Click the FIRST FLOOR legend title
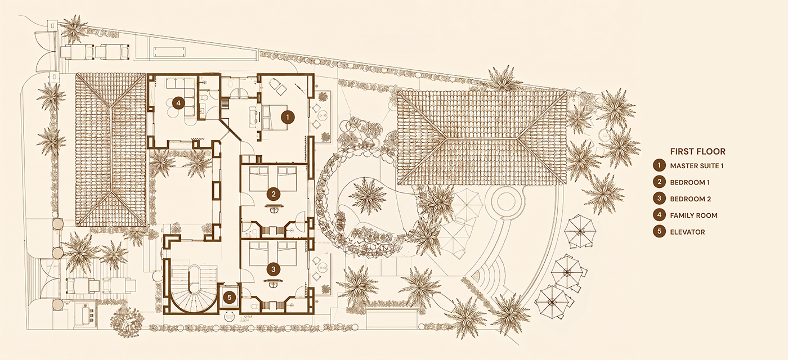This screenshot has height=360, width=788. point(697,151)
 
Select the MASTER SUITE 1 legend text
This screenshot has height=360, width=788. point(697,166)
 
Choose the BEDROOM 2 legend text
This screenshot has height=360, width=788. point(691,199)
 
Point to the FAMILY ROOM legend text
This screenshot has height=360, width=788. point(693,215)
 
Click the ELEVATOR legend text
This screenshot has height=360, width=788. point(687,232)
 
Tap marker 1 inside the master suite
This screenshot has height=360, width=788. point(288,117)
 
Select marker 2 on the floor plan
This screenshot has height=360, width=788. point(274,193)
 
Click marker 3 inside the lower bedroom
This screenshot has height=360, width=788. point(274,269)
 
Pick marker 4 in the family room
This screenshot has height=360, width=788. point(179,103)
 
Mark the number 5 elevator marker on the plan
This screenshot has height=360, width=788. point(230,298)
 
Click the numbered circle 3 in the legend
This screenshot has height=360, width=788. point(659,199)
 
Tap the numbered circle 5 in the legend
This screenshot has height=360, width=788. point(659,232)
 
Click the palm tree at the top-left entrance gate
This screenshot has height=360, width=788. point(74,28)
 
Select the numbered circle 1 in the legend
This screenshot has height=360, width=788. point(659,165)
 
